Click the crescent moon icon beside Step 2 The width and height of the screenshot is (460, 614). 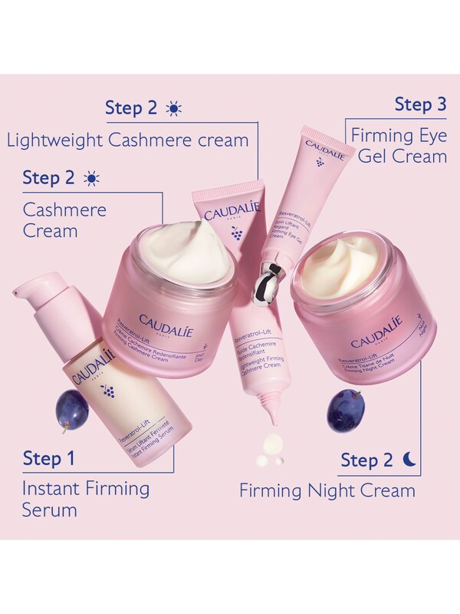(x=411, y=459)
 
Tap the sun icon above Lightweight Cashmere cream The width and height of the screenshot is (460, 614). (x=173, y=108)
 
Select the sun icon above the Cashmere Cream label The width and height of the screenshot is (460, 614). (x=92, y=179)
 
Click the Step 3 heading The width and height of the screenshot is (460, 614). (x=420, y=104)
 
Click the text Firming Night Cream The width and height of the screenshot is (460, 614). (x=327, y=490)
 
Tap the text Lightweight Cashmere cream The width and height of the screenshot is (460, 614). (x=127, y=140)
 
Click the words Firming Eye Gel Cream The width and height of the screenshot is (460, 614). (x=399, y=146)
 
